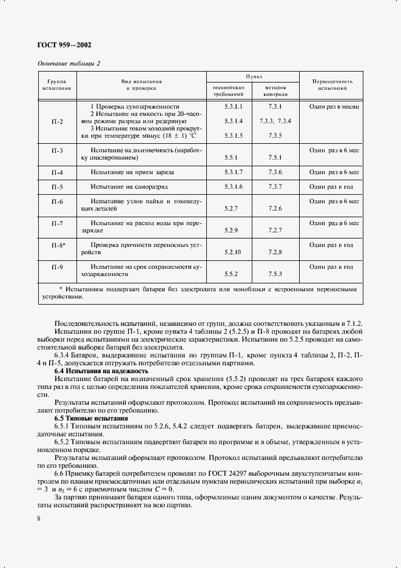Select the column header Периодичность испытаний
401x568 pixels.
tap(332, 84)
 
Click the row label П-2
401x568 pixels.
tap(57, 121)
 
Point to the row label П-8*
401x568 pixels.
tap(58, 245)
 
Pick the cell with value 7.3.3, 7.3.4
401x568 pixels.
tap(275, 121)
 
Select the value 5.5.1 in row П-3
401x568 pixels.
tap(229, 157)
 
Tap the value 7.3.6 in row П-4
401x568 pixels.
tap(275, 172)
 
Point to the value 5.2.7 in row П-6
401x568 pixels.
tap(229, 209)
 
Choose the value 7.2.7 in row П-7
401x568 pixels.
tap(275, 231)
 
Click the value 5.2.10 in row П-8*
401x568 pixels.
tap(232, 252)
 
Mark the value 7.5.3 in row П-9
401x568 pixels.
tap(275, 274)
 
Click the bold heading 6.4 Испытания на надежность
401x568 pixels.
tap(101, 370)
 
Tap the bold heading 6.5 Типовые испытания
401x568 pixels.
tap(91, 419)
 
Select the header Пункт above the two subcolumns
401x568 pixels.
tap(253, 76)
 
